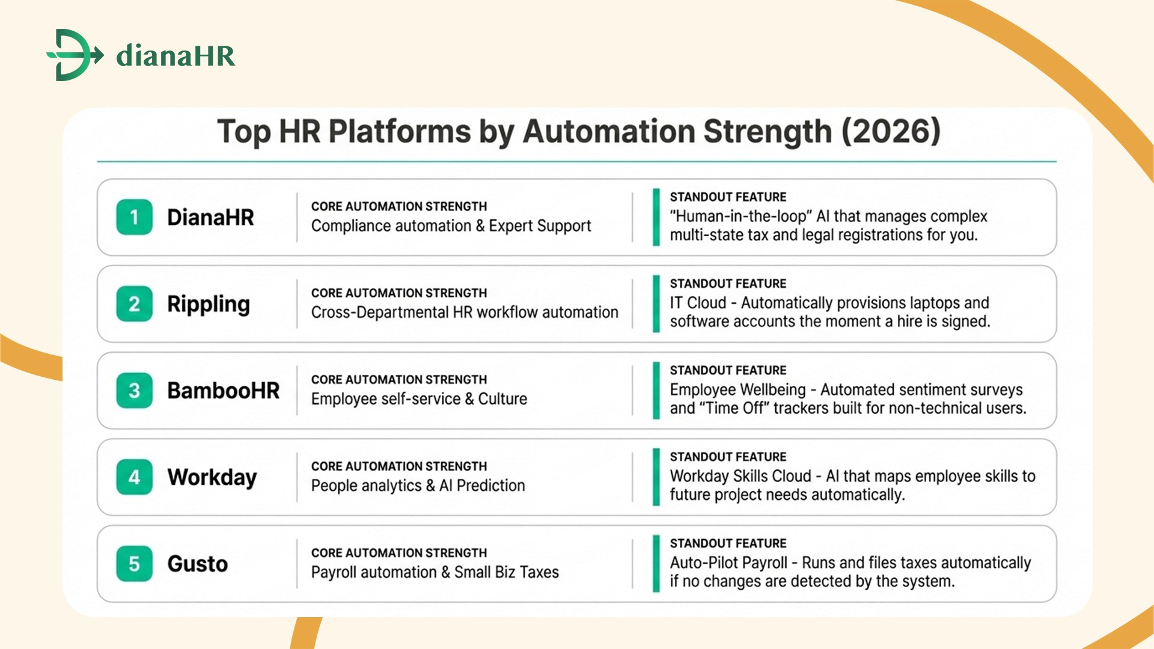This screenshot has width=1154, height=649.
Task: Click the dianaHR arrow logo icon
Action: coord(75,55)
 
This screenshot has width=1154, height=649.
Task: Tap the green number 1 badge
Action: coord(134,217)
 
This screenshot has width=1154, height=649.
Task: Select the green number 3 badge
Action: coord(134,391)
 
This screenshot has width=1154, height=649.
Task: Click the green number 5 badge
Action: coord(134,564)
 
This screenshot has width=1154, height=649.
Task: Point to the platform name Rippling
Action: coord(208,304)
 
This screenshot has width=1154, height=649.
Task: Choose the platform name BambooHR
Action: coord(223,391)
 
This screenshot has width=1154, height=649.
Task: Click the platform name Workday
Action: coord(212,477)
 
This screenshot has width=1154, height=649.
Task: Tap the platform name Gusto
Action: coord(197,564)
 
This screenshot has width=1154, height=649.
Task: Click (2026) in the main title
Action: coord(891,132)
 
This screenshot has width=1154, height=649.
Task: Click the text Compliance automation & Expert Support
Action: coord(451,226)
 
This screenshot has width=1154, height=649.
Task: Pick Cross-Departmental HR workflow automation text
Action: coord(464,312)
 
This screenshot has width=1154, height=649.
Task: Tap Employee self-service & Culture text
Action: coord(419,399)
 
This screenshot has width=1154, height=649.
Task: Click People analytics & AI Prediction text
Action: coord(418,486)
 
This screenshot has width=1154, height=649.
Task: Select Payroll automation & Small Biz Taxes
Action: coord(435,572)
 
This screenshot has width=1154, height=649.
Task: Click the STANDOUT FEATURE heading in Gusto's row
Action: coord(728,543)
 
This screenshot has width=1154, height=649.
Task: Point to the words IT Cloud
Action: coord(698,303)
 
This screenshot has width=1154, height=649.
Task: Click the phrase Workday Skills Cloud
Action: coord(740,476)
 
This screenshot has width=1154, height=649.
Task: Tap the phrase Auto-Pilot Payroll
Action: coord(728,562)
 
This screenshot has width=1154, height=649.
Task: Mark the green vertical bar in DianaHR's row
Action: coord(656,217)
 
